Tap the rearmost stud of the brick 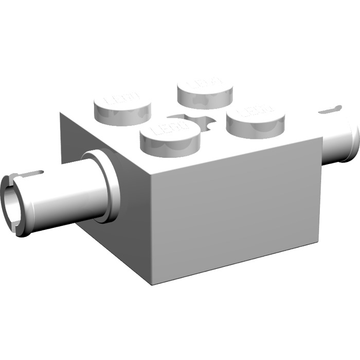204,91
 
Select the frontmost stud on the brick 170,136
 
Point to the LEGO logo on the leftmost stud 121,98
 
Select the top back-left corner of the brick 61,113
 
